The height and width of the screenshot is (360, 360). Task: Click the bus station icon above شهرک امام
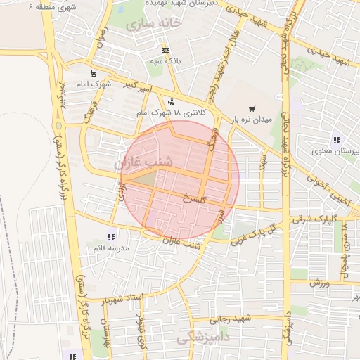point(94,72)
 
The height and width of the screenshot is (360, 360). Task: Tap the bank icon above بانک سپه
point(165,51)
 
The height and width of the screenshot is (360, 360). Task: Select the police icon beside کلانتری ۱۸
point(171,103)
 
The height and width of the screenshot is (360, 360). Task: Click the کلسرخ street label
point(192,199)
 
